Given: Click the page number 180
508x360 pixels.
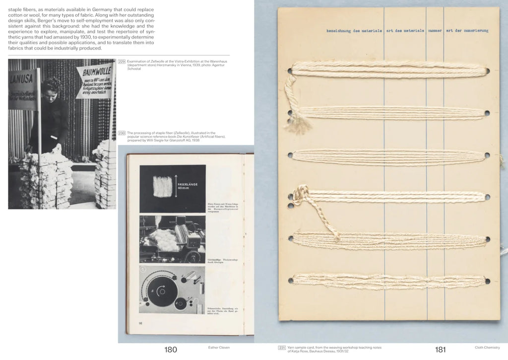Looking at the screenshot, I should [170, 350].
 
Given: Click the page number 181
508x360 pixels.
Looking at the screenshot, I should [440, 350].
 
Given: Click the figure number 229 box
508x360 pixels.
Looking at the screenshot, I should [122, 61].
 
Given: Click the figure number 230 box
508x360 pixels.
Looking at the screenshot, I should [122, 133].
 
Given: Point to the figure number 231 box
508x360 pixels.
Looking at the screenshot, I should [282, 348].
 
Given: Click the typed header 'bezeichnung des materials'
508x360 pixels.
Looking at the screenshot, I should [354, 31].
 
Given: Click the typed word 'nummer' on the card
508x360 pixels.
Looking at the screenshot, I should [435, 31].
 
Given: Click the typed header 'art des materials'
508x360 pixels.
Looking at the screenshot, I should [405, 31].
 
